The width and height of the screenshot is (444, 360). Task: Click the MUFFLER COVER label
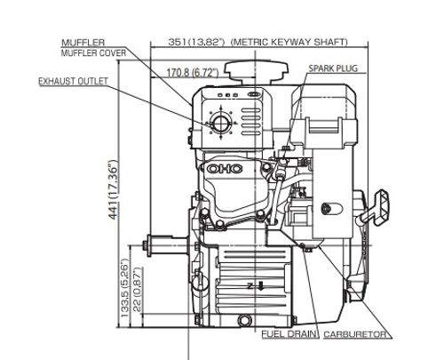pos(93,53)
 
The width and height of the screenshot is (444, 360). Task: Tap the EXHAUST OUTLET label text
pos(74,81)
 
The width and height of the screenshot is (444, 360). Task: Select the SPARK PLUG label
pos(333,68)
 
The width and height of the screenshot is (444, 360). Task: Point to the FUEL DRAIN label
pos(289,334)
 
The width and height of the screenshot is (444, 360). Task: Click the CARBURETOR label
pos(355,334)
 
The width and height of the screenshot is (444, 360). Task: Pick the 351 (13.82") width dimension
pos(196,42)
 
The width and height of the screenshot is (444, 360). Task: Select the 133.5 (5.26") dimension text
pos(125,288)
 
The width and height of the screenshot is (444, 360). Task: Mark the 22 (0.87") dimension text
pos(138,289)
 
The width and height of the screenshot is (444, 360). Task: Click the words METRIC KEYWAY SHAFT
pos(289,42)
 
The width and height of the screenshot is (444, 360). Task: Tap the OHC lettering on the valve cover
pos(225,169)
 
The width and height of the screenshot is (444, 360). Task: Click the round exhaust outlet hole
pos(220,123)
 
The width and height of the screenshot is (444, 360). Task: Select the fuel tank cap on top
pos(256,72)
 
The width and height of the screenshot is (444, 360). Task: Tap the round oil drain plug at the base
pos(245,320)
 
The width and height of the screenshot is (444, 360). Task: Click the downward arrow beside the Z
pos(261,286)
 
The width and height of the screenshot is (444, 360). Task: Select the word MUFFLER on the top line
pos(83,43)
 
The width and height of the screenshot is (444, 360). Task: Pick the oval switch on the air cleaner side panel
pos(332,209)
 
